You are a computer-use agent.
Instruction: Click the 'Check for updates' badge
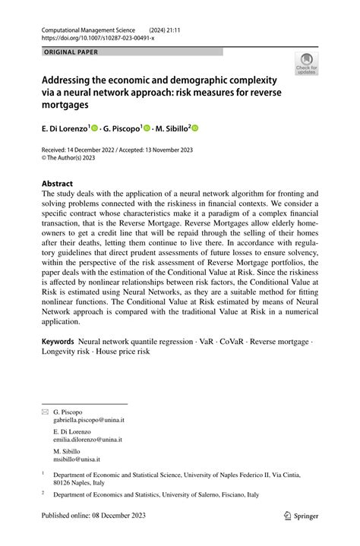click(308, 64)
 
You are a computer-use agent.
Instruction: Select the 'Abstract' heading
click(58, 183)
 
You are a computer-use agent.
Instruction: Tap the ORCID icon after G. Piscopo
click(147, 129)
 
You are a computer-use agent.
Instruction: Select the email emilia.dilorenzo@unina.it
click(88, 440)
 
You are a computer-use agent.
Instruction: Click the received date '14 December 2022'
click(109, 150)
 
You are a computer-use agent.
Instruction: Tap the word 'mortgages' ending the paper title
click(76, 104)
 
